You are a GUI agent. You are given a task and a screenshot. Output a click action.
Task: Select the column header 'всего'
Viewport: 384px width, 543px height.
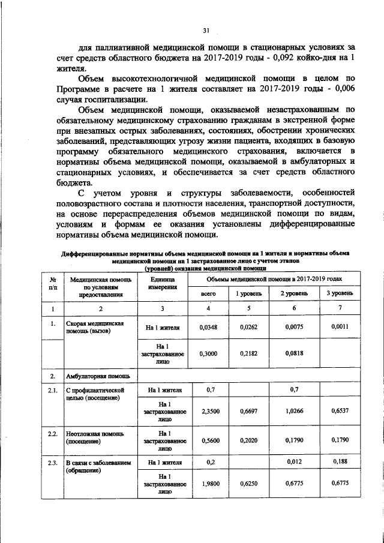click(207, 293)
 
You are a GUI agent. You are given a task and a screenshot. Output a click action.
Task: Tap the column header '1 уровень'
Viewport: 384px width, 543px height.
click(247, 293)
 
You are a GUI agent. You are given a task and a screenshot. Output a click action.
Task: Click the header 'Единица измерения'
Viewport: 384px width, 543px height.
click(160, 283)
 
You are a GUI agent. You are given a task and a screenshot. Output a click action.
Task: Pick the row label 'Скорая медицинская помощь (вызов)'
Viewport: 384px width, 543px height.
click(94, 328)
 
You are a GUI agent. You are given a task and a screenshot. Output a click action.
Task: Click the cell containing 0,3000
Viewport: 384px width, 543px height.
click(207, 355)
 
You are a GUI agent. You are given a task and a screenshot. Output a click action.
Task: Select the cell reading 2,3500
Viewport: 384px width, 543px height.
click(207, 411)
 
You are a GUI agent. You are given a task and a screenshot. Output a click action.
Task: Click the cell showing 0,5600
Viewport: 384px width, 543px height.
click(207, 440)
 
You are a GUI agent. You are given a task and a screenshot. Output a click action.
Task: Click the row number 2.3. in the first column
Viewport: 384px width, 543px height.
click(53, 463)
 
